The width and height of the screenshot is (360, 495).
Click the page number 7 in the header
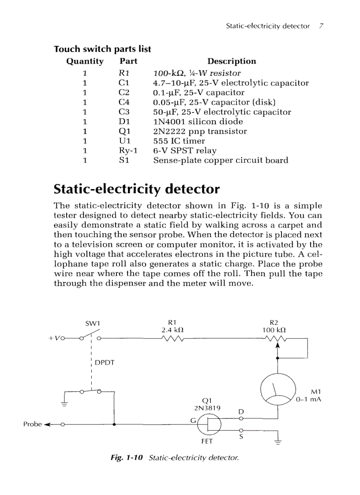tap(322, 26)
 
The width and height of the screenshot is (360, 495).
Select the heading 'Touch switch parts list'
tap(102, 49)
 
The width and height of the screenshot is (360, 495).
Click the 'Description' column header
tap(232, 61)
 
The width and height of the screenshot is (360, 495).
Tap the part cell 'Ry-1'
tap(128, 151)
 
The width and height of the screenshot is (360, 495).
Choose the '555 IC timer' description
tap(179, 141)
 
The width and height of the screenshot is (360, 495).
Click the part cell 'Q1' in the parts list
tap(124, 131)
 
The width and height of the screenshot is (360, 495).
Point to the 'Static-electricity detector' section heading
tap(136, 189)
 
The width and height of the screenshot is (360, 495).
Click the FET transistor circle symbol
tap(210, 424)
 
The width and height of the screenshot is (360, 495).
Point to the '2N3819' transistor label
tap(202, 408)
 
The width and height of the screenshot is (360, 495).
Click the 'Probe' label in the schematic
tap(32, 424)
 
